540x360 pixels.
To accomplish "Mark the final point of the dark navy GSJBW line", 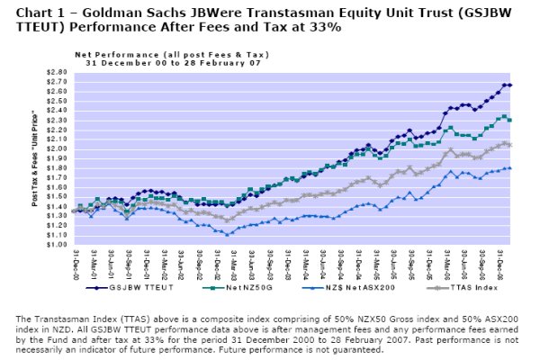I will (510, 85).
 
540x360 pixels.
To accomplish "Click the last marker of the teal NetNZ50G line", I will (510, 120).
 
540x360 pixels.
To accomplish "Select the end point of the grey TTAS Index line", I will (510, 145).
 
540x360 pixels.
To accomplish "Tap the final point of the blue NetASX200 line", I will (510, 168).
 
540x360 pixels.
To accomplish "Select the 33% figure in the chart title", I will (325, 28).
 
